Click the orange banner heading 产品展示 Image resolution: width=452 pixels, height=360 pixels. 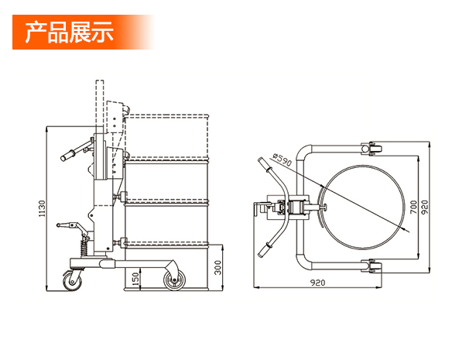click(69, 32)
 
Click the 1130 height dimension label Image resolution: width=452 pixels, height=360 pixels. click(42, 208)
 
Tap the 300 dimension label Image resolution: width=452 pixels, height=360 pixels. click(218, 268)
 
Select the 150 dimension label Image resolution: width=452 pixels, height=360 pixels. click(135, 279)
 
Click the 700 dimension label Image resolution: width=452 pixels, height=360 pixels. click(413, 207)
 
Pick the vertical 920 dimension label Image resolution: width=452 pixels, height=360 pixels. click(425, 207)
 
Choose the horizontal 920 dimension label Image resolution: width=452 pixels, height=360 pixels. click(317, 283)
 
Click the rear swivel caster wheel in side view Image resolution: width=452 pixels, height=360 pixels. click(72, 280)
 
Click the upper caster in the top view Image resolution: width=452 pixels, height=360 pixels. click(372, 149)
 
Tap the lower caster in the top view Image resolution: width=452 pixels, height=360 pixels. click(372, 266)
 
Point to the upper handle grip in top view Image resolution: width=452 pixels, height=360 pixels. click(265, 164)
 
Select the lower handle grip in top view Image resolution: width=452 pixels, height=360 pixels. click(265, 249)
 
